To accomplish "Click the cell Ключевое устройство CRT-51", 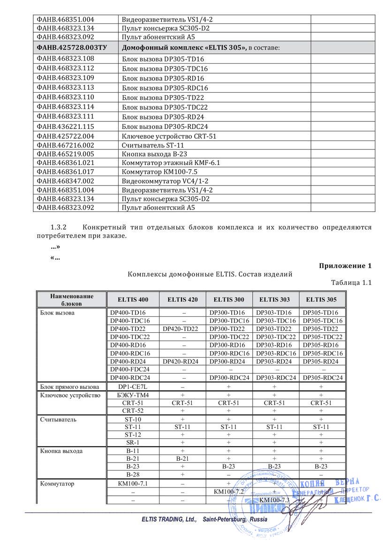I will [x=169, y=136].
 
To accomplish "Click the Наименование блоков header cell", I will [x=72, y=299].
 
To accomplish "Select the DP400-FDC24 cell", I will [x=130, y=369].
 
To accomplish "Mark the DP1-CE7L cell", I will [x=130, y=387].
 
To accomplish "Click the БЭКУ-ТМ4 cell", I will [x=130, y=395].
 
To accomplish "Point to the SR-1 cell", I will [x=130, y=442].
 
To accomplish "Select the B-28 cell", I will [x=130, y=474].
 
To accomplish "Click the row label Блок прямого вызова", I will [x=69, y=387].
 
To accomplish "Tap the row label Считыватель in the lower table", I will [x=58, y=419].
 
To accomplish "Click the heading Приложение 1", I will [x=345, y=266].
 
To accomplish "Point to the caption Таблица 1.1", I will [x=351, y=283].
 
